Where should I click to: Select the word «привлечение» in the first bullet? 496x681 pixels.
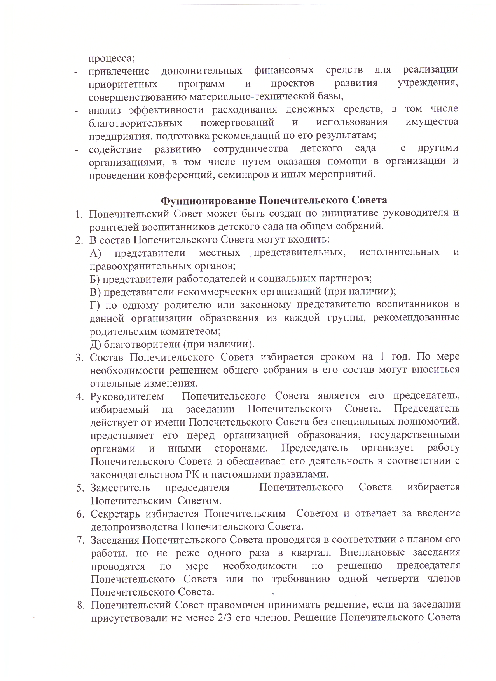(119, 71)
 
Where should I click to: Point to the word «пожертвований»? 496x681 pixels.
(238, 123)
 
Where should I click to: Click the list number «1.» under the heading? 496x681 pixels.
(79, 214)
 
